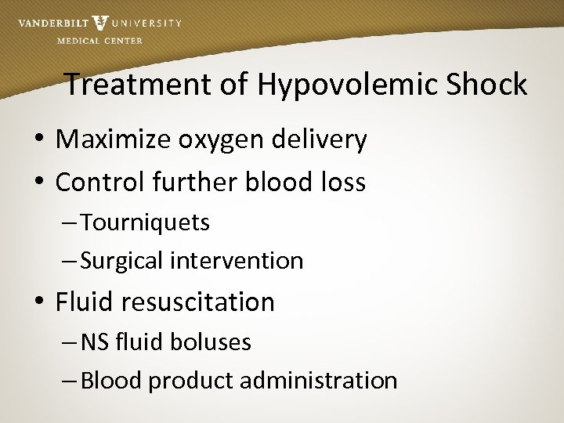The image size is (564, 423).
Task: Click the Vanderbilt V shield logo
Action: [99, 23]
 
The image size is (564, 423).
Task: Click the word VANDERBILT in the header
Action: [52, 23]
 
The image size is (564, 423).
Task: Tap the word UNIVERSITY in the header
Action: [146, 23]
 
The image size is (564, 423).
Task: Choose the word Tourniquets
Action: [145, 222]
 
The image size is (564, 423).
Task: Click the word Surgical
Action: [124, 260]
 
